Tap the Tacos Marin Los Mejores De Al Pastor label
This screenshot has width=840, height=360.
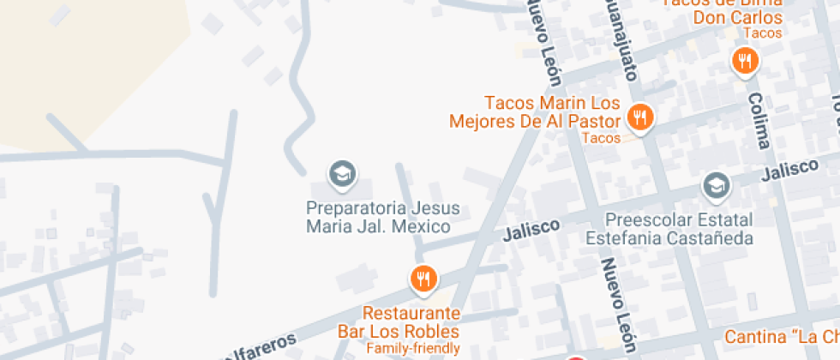click(x=541, y=112)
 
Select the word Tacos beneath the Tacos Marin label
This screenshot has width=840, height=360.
click(x=600, y=137)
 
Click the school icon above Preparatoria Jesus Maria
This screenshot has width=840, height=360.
click(x=343, y=173)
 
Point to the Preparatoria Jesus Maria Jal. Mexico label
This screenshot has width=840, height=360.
click(x=383, y=218)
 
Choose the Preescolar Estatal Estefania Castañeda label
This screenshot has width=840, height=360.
click(x=678, y=228)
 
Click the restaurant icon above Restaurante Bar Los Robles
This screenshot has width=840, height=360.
click(x=423, y=278)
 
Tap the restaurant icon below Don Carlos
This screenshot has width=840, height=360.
click(x=745, y=60)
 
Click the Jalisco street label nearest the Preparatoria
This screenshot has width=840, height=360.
click(x=531, y=230)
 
